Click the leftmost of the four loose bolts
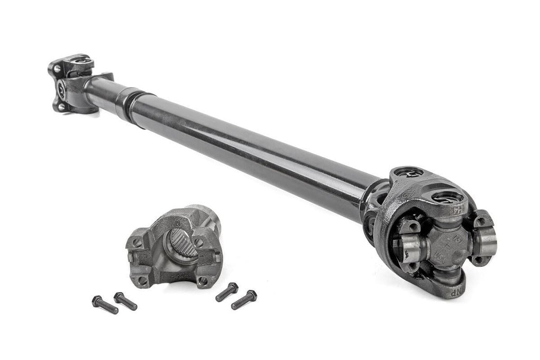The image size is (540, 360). tap(104, 305)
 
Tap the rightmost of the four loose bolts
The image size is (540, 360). tap(244, 299)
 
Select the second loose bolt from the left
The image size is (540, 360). tap(126, 301)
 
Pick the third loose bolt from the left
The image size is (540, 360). tap(227, 292)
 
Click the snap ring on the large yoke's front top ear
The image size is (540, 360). tap(448, 199)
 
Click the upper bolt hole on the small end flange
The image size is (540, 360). tap(56, 69)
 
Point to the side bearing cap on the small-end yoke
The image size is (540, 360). tap(62, 87)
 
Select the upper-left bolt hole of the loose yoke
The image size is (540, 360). tap(137, 244)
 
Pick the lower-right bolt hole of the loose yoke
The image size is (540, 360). tap(203, 280)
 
